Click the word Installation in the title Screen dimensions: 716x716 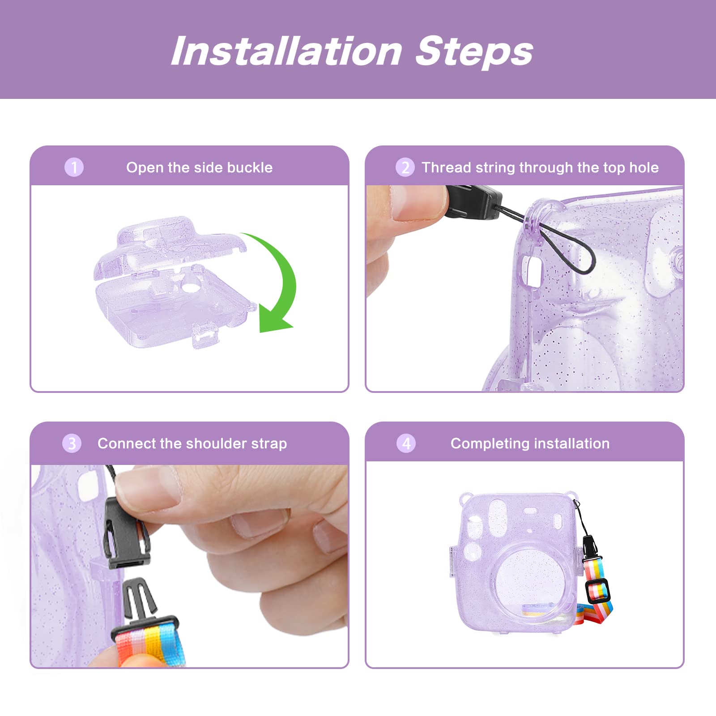[287, 51]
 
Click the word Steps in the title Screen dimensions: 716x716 [474, 52]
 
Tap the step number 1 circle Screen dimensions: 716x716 [74, 167]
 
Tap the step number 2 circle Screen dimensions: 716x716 [405, 167]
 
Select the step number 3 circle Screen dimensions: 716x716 [72, 443]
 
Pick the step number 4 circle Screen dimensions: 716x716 [406, 443]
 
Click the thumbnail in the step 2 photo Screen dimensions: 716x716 [418, 202]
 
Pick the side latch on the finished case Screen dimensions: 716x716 [453, 562]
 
